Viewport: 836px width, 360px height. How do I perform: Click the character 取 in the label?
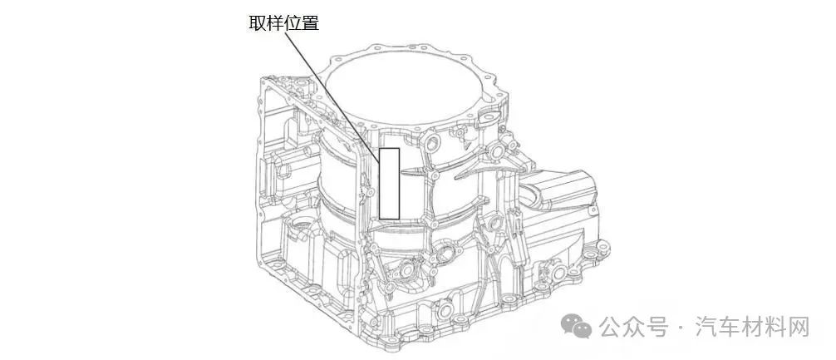click(258, 23)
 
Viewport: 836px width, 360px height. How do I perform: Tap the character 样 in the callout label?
click(275, 23)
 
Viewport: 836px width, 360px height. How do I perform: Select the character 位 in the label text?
click(293, 23)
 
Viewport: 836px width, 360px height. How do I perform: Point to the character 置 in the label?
click(310, 23)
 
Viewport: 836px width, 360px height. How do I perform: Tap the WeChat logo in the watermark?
click(576, 326)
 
